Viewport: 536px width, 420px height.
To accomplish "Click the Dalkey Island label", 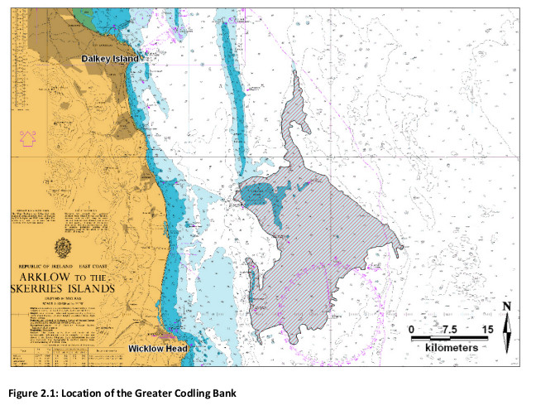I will point(109,60).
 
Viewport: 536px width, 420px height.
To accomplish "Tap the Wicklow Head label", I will point(158,349).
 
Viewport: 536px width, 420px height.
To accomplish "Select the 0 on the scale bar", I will point(412,329).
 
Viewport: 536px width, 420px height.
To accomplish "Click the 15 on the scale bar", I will point(487,329).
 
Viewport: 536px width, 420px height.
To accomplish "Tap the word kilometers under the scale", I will point(452,348).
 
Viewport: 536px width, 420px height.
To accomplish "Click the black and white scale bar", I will point(450,339).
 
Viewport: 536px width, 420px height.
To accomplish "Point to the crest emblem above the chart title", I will point(63,248).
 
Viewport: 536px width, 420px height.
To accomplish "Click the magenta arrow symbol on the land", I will point(26,138).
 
